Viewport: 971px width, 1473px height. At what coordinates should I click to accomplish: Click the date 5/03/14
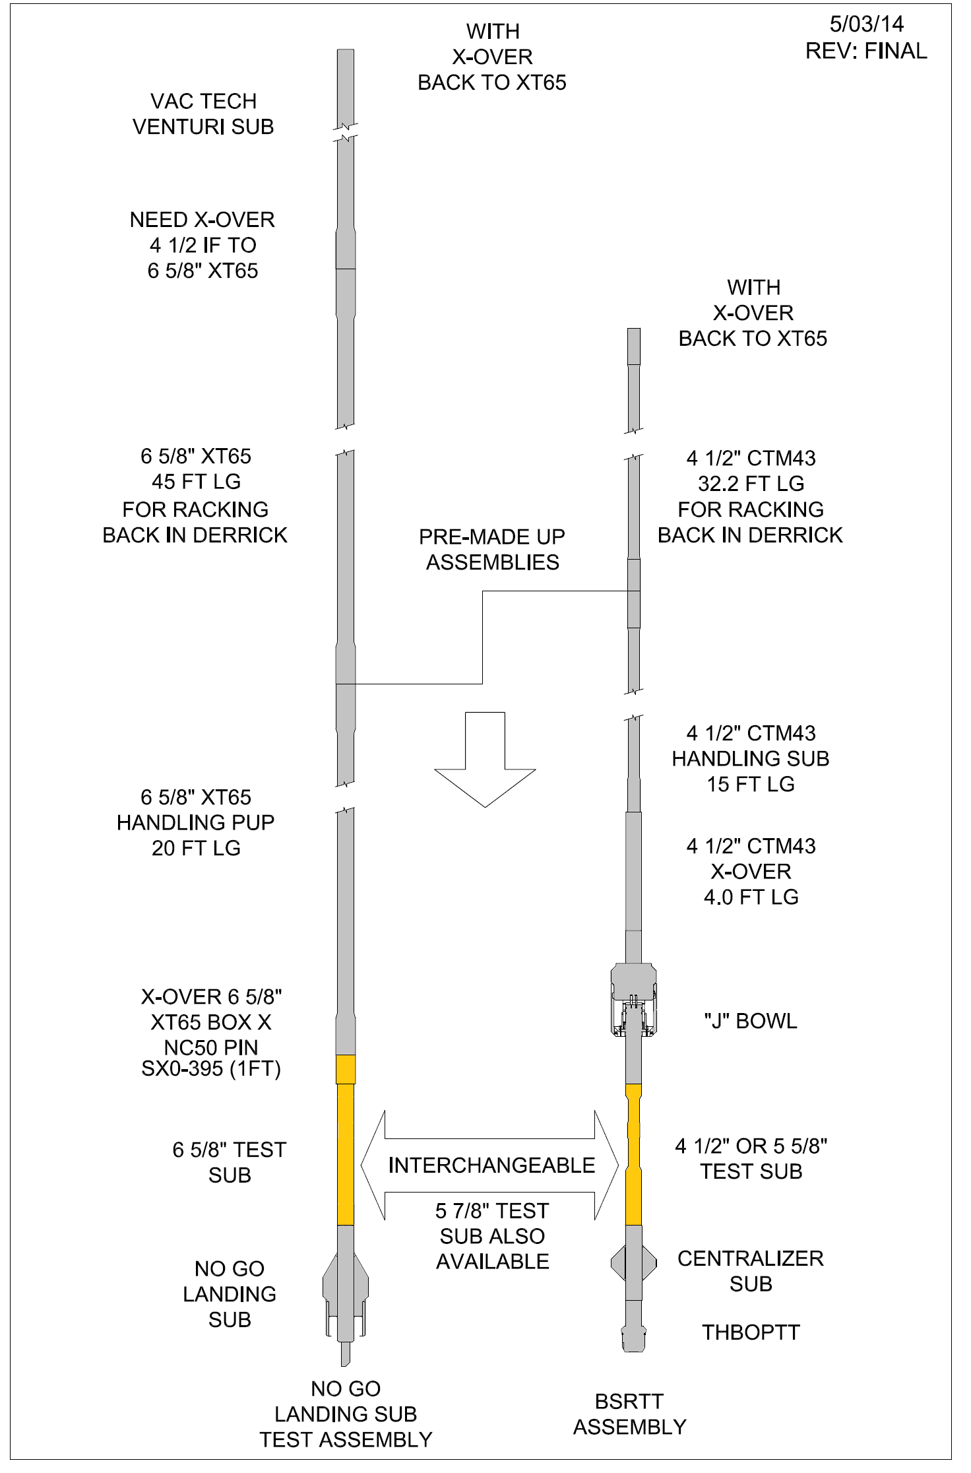[866, 24]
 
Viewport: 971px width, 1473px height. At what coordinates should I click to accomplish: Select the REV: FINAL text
[866, 51]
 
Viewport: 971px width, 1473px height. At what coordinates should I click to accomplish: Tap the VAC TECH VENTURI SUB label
[203, 114]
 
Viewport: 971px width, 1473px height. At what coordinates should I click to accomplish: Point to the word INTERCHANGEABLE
[491, 1165]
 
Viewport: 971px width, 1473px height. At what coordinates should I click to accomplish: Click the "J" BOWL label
[751, 1021]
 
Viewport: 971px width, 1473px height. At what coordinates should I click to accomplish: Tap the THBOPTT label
[751, 1332]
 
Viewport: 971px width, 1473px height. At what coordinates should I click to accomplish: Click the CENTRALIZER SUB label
[751, 1271]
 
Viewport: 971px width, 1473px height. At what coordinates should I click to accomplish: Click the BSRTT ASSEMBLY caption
[629, 1414]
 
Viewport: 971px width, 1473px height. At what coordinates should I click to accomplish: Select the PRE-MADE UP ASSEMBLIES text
[492, 549]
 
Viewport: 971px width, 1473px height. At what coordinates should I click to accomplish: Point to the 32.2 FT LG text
[751, 484]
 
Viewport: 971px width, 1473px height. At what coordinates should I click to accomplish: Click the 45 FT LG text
[196, 482]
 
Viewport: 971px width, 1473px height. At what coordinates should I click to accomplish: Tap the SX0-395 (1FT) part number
[211, 1068]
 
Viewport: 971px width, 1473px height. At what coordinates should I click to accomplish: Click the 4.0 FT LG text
[751, 897]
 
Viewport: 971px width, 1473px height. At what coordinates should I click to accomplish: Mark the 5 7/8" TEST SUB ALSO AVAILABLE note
[492, 1236]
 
